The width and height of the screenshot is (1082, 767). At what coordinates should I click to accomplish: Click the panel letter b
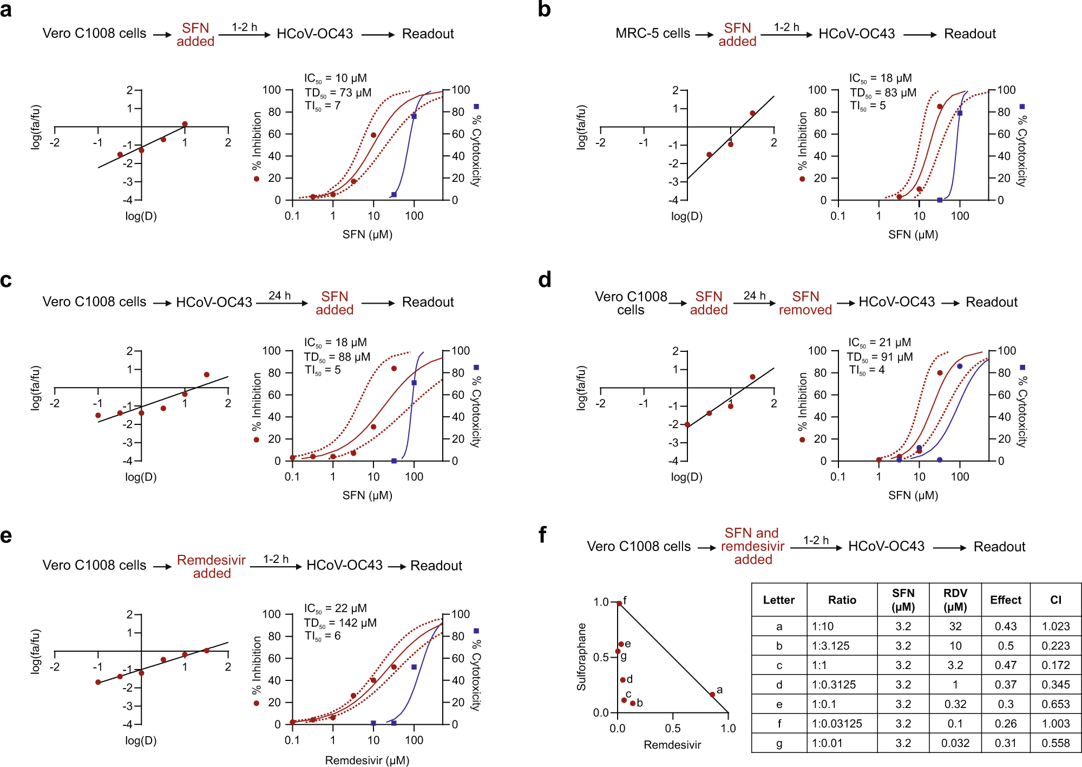pyautogui.click(x=544, y=10)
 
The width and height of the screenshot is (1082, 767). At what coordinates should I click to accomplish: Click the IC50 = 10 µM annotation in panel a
pyautogui.click(x=335, y=78)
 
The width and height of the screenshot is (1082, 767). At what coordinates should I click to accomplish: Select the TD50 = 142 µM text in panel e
pyautogui.click(x=340, y=623)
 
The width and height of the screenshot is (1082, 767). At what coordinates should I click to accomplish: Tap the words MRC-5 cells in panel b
pyautogui.click(x=652, y=34)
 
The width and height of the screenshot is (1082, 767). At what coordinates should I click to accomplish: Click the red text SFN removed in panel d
pyautogui.click(x=805, y=303)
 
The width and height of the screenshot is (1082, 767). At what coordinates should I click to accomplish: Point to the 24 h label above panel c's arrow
pyautogui.click(x=279, y=296)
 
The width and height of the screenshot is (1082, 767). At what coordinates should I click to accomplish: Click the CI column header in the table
pyautogui.click(x=1055, y=600)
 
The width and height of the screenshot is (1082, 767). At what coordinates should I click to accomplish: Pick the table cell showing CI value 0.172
pyautogui.click(x=1055, y=665)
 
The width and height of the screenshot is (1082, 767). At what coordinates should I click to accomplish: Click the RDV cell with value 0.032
pyautogui.click(x=955, y=743)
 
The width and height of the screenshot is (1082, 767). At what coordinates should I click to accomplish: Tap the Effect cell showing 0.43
pyautogui.click(x=1005, y=626)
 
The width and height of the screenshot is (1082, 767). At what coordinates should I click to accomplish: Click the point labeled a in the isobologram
pyautogui.click(x=712, y=694)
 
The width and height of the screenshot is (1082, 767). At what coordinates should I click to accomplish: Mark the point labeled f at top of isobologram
pyautogui.click(x=619, y=603)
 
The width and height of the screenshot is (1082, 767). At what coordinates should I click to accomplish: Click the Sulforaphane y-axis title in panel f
pyautogui.click(x=581, y=657)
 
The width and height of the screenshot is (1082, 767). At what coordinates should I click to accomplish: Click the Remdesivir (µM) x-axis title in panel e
pyautogui.click(x=367, y=761)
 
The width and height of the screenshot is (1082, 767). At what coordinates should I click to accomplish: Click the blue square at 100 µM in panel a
pyautogui.click(x=414, y=116)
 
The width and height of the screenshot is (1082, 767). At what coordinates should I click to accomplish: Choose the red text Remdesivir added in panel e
pyautogui.click(x=212, y=567)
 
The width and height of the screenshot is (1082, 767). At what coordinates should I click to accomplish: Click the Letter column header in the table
pyautogui.click(x=778, y=600)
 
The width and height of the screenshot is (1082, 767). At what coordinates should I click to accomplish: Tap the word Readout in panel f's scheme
pyautogui.click(x=999, y=547)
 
